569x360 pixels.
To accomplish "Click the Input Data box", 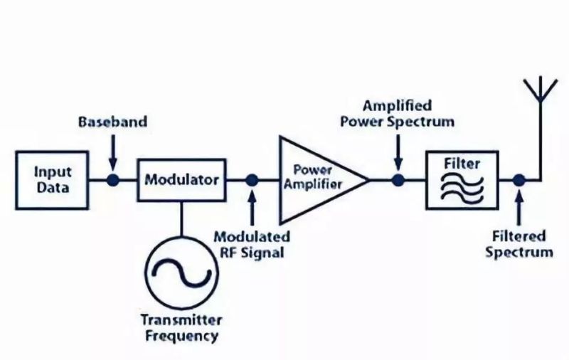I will coord(52,180).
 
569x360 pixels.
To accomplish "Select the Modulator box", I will coord(181,180).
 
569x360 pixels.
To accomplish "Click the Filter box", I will coord(462,180).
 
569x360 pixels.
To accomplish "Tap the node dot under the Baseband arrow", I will coord(113,180).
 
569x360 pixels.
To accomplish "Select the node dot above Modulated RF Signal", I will coord(252,180).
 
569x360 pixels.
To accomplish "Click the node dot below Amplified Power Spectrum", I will coord(398,180).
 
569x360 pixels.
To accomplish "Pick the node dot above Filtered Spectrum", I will coord(520,180).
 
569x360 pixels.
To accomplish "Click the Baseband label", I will coord(113,122).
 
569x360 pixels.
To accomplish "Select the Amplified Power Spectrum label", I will coord(397,113).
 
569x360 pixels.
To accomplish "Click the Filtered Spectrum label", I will coord(519,243).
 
